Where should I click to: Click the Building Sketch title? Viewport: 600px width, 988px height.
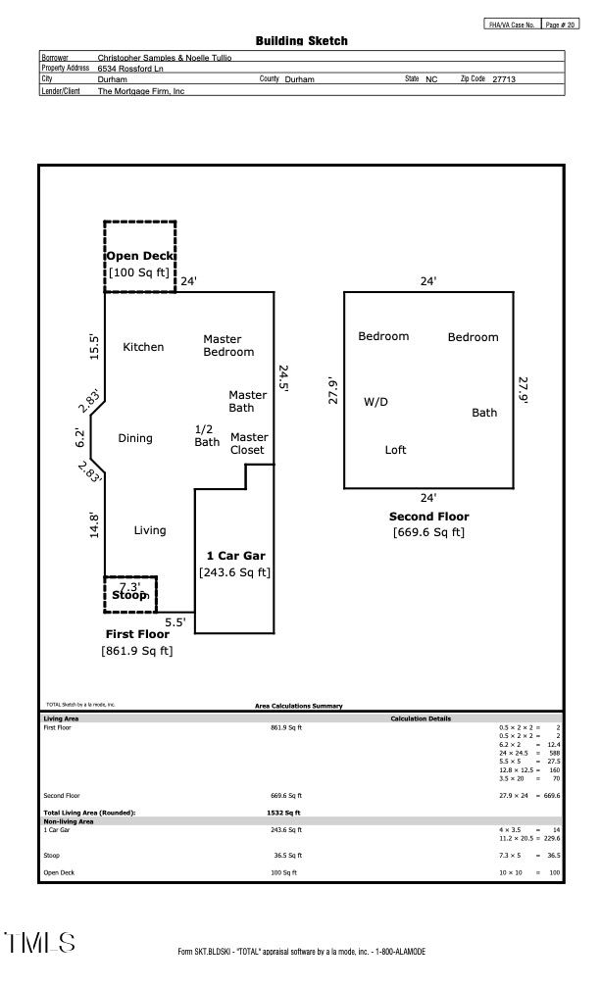click(301, 41)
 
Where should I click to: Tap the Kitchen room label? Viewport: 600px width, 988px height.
click(143, 347)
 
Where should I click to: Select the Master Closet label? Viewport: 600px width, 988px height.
click(249, 444)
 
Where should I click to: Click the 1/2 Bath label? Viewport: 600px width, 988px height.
click(207, 436)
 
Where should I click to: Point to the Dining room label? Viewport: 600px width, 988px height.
click(135, 438)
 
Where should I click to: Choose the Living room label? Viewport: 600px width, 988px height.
click(150, 530)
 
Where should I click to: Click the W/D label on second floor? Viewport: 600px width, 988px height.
click(375, 402)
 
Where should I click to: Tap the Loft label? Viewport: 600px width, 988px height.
click(395, 450)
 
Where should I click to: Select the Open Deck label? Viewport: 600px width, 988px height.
click(140, 256)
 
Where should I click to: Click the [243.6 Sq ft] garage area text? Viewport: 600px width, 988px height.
click(234, 572)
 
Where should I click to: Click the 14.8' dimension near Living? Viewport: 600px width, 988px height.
click(94, 525)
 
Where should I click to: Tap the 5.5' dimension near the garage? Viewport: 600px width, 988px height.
click(175, 622)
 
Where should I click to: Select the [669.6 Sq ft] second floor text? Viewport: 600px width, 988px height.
click(428, 532)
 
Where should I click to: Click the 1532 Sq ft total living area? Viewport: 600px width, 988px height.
click(283, 813)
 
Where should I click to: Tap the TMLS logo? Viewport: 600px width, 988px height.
click(39, 943)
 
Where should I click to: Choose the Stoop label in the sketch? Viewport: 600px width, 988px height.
click(129, 595)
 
